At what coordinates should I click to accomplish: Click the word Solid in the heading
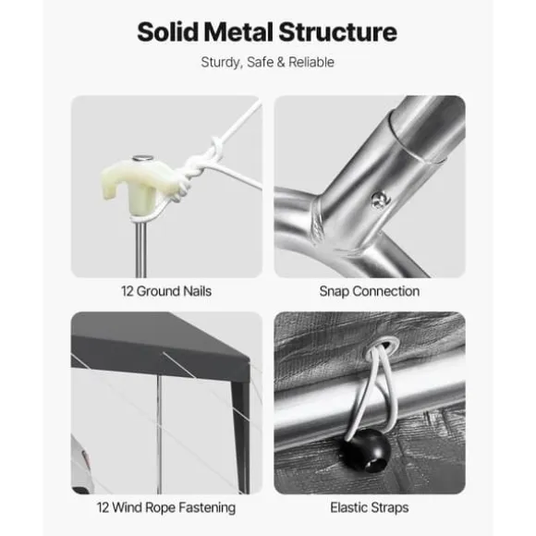coord(167,31)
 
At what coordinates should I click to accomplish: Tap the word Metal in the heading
coord(238,31)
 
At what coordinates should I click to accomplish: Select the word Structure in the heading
coord(337,31)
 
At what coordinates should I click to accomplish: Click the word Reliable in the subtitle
coord(311,62)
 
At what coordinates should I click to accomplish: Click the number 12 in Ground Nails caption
coord(127,291)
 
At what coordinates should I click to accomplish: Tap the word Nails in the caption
coord(197,291)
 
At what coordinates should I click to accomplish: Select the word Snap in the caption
coord(334,292)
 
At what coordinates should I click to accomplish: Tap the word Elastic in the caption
coord(348,507)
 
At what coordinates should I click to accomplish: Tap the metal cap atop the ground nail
coord(143,158)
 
